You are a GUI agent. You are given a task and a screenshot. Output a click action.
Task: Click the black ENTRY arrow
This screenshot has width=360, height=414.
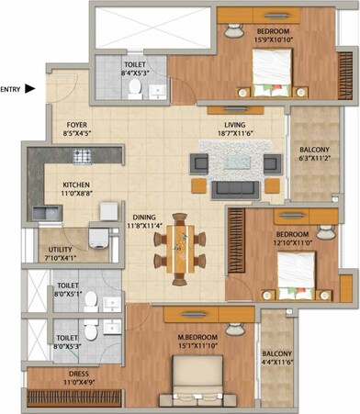(29, 89)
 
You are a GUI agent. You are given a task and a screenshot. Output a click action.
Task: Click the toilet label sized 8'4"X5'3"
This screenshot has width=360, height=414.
(134, 69)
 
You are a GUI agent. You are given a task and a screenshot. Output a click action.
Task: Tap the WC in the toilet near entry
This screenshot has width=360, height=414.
(135, 88)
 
